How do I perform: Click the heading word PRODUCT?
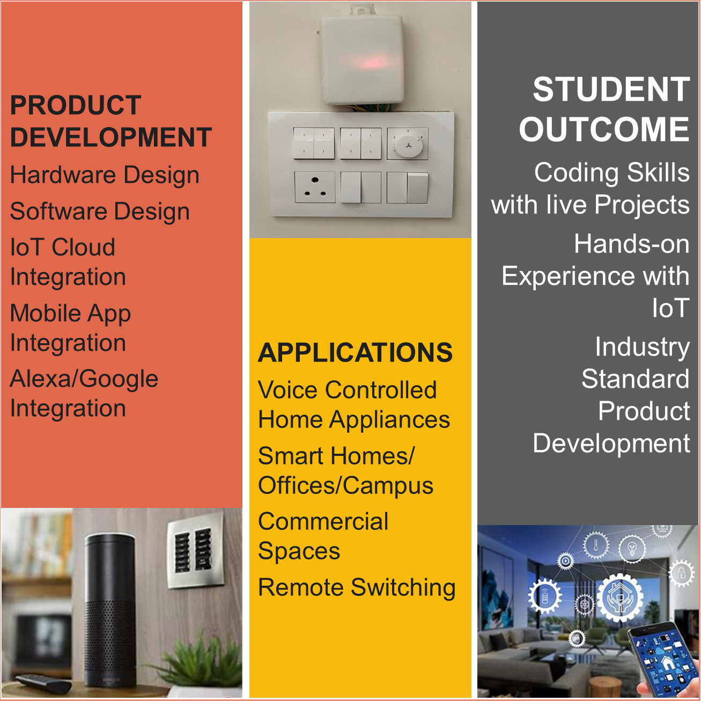tap(75, 105)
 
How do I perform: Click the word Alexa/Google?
tap(84, 379)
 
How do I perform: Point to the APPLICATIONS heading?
tap(355, 352)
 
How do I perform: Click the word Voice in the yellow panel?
tap(288, 389)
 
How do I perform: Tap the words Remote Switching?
tap(357, 587)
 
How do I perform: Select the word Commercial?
tap(323, 521)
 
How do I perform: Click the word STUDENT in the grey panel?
tap(611, 90)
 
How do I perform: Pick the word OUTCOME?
tap(604, 129)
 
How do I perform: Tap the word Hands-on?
tap(632, 243)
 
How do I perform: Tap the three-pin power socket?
tap(315, 187)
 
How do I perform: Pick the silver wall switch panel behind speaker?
tap(195, 549)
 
